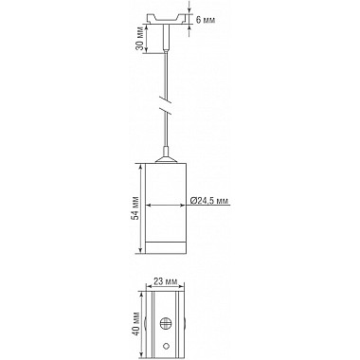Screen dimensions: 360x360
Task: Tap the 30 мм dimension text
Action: tap(138, 41)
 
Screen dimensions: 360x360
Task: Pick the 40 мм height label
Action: tap(137, 326)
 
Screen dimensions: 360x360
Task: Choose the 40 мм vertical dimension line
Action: tap(144, 326)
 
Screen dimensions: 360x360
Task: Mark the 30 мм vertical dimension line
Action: tap(150, 41)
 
